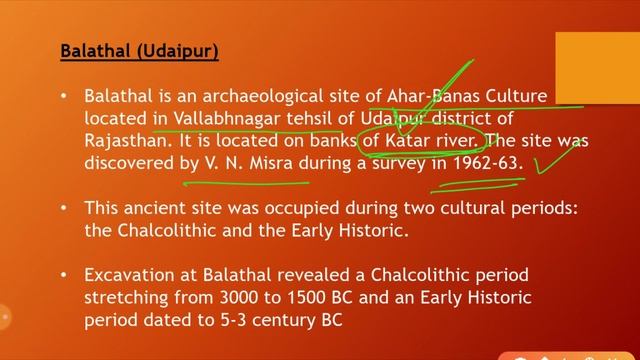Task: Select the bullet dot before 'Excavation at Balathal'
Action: tap(64, 276)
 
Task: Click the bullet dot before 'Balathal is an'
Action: tap(64, 96)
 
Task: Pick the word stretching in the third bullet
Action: tap(127, 298)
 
